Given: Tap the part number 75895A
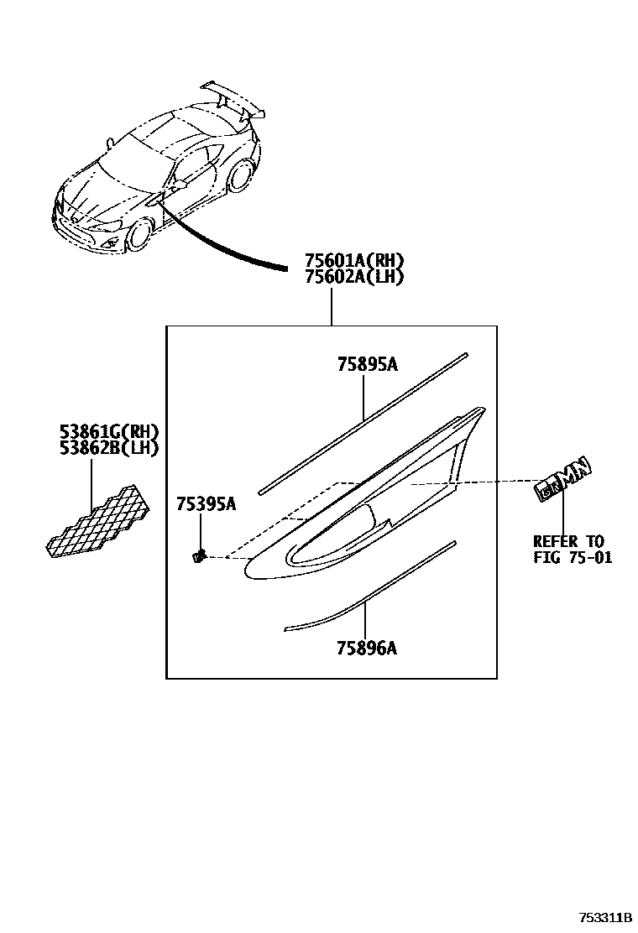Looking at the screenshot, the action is (x=367, y=364).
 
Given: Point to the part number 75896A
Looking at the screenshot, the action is (x=367, y=648).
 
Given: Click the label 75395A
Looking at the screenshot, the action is (x=206, y=503).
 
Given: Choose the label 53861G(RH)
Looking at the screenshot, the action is (x=109, y=432).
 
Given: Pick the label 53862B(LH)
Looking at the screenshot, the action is (x=109, y=447).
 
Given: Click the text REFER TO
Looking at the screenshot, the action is (x=568, y=541).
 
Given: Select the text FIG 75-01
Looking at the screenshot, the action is (x=572, y=557).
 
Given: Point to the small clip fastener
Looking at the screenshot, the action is (x=199, y=555).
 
